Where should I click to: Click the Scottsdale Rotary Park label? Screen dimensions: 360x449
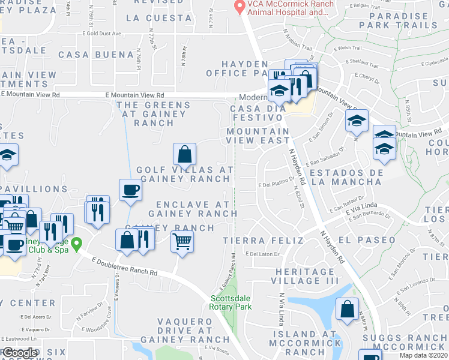(231, 302)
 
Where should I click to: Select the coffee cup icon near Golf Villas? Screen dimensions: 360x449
(130, 191)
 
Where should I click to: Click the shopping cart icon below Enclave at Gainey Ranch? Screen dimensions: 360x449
(182, 242)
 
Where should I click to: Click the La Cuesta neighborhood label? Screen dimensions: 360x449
(160, 18)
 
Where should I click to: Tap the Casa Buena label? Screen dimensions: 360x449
(96, 55)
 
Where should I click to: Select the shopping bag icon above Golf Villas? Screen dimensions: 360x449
(185, 155)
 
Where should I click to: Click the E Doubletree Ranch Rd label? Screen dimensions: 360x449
(124, 265)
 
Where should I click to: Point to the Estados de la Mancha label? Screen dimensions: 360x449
(347, 176)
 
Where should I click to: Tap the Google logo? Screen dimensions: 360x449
(20, 353)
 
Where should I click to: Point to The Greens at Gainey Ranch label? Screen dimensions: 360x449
(154, 114)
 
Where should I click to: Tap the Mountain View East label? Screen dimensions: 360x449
(258, 136)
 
